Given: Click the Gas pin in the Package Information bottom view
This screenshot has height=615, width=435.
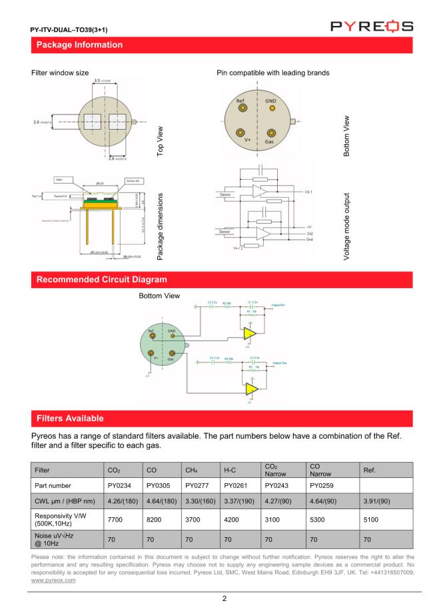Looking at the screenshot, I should [x=272, y=133].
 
